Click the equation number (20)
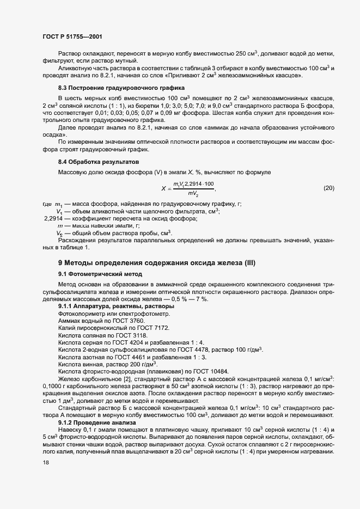[x=329, y=188]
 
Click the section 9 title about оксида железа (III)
[x=156, y=263]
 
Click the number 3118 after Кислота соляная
[x=142, y=335]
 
